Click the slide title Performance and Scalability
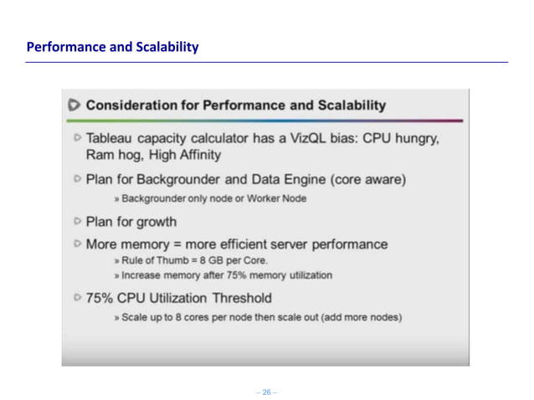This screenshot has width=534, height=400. pos(112,47)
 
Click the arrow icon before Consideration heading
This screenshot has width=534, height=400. pos(74,105)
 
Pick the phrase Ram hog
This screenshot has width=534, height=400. pos(114,155)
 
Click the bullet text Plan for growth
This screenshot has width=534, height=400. pos(131,221)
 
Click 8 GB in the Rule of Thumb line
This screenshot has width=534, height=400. pos(203,261)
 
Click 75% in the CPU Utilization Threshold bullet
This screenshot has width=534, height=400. pos(101,297)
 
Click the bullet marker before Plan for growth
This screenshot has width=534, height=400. pos(77,221)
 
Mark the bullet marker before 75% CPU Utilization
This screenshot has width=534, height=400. pos(77,297)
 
